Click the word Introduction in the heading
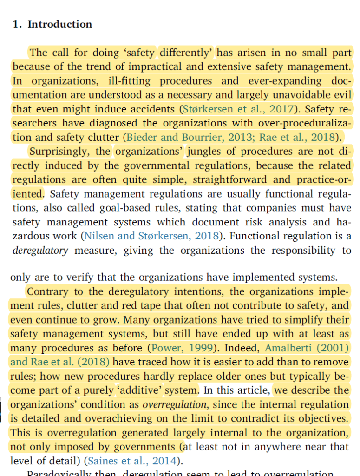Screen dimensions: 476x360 [x=60, y=25]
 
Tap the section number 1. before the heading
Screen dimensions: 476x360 [x=18, y=25]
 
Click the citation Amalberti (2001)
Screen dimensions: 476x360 [x=307, y=348]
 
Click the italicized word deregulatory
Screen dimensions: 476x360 [x=40, y=251]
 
